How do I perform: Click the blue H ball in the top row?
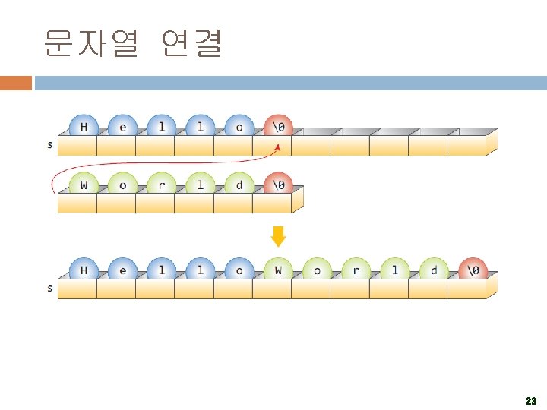pos(83,127)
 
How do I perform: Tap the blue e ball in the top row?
pos(122,127)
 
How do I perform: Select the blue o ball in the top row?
pos(239,127)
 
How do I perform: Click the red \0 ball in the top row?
pos(279,127)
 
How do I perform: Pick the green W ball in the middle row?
pos(83,185)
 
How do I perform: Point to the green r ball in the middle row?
pos(161,185)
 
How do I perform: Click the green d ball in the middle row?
pos(239,185)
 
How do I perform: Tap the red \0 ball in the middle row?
pos(279,185)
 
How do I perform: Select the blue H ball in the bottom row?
pos(83,270)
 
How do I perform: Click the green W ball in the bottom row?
pos(278,270)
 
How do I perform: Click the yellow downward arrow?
pos(279,236)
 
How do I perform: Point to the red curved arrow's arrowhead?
pos(277,147)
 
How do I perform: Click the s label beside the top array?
pos(50,144)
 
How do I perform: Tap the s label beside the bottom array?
pos(50,288)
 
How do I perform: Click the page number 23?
pos(530,400)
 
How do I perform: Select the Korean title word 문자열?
pos(91,43)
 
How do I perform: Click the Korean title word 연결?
pos(192,43)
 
